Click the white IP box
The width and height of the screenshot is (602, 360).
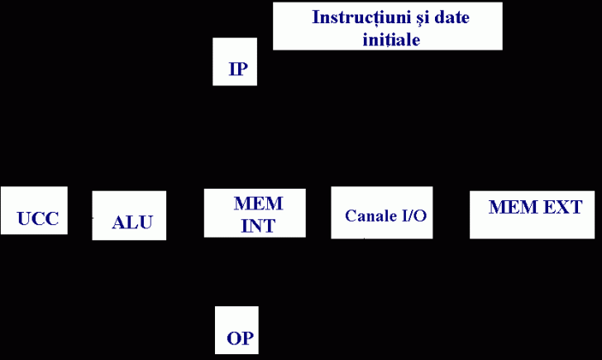(x=235, y=61)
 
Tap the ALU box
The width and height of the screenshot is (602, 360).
(x=129, y=215)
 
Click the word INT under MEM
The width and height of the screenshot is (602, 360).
(x=258, y=224)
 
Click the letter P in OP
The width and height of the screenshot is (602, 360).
(x=246, y=338)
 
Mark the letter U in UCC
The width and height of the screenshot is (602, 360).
(x=24, y=219)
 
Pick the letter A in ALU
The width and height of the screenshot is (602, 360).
(x=119, y=222)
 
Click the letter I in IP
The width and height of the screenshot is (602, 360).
(x=232, y=70)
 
